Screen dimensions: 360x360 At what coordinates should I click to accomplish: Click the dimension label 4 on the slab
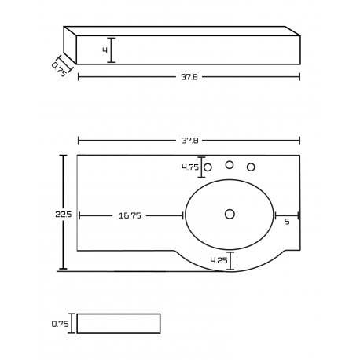[104, 50]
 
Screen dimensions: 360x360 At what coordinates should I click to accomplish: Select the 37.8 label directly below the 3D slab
[189, 77]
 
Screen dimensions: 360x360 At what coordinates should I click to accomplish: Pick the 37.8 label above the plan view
[189, 141]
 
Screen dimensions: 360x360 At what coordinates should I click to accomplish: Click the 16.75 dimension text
[130, 215]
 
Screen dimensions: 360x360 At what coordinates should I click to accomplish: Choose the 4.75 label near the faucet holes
[189, 167]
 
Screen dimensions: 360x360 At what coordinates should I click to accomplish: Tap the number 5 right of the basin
[287, 221]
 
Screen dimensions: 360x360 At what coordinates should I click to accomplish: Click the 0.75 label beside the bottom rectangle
[61, 323]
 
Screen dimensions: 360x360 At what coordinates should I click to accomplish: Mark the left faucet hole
[208, 167]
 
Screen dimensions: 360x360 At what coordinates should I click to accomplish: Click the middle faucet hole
[230, 165]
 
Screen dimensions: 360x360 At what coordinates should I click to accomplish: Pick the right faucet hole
[251, 167]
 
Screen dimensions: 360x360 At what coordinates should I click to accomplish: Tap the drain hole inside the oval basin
[230, 214]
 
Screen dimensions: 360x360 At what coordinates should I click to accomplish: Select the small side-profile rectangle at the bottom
[119, 323]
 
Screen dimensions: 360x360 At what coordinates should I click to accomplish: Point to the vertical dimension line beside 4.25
[230, 261]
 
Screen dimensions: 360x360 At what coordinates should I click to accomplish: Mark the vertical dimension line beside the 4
[111, 50]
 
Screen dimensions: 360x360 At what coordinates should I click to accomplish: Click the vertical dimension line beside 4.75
[201, 167]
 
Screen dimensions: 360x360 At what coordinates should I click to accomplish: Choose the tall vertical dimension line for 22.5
[64, 212]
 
